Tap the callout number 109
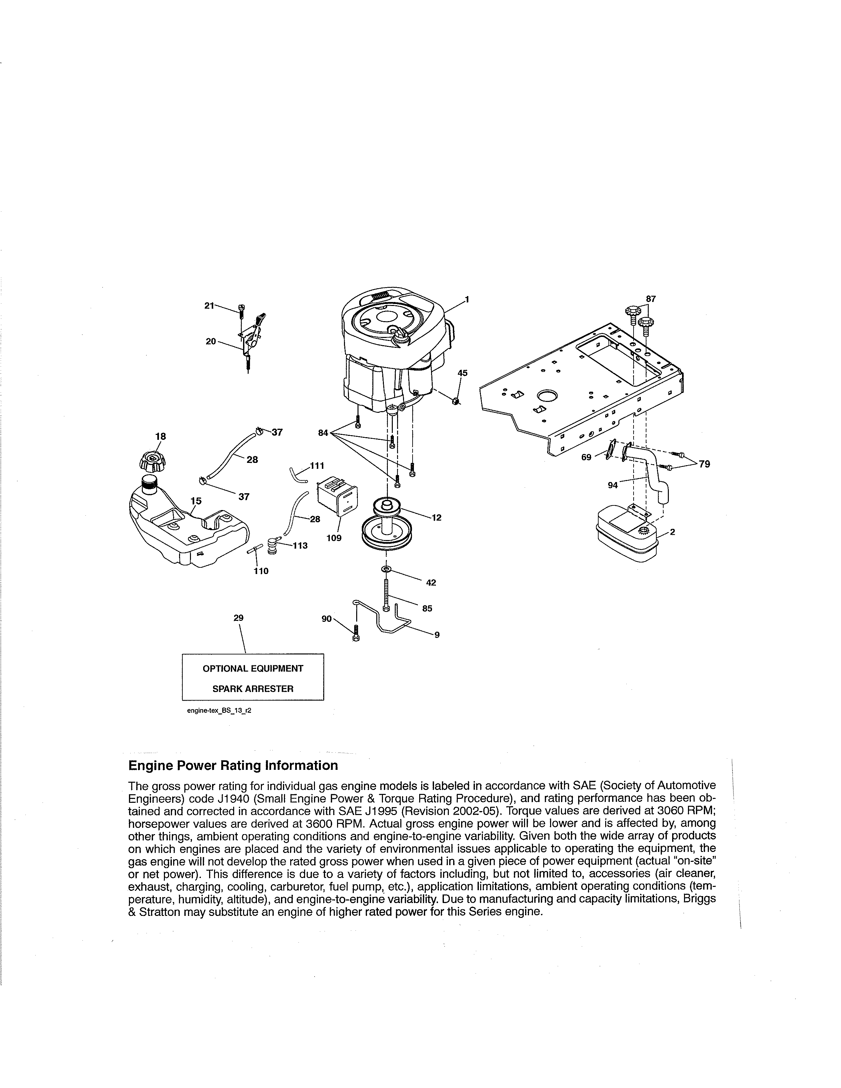(x=334, y=538)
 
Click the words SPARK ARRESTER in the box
(x=253, y=689)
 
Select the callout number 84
(x=323, y=433)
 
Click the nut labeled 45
(x=455, y=401)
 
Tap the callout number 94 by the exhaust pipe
(x=612, y=485)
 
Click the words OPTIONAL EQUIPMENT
(x=253, y=669)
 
